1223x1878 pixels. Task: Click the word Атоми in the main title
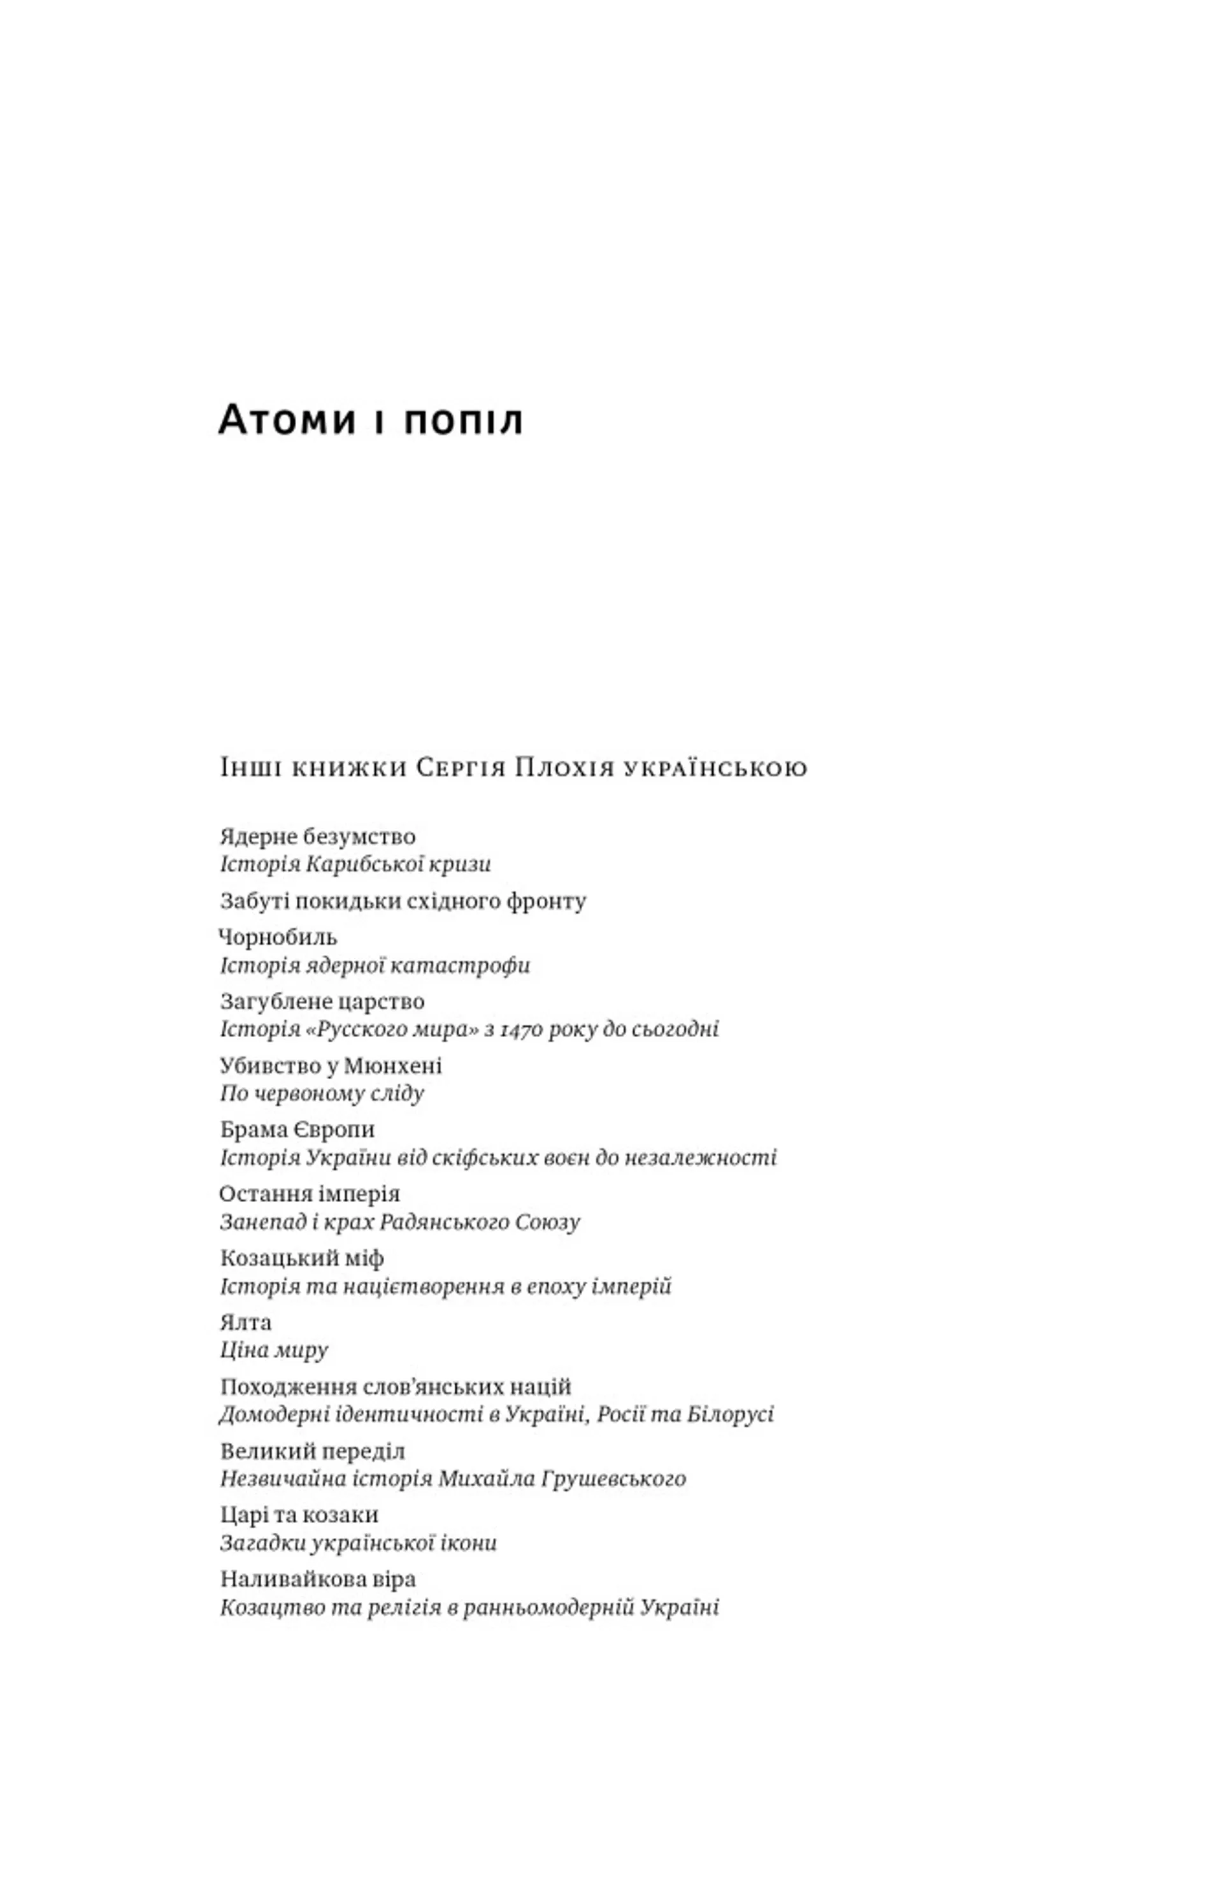point(287,420)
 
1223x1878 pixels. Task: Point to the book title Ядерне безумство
point(317,836)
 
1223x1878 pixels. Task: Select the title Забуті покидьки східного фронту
point(403,901)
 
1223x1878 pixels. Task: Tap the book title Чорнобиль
point(278,938)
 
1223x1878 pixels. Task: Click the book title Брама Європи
point(297,1130)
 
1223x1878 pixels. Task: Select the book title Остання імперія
point(310,1194)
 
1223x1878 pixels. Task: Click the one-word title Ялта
point(245,1322)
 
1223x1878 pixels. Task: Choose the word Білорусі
point(729,1415)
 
